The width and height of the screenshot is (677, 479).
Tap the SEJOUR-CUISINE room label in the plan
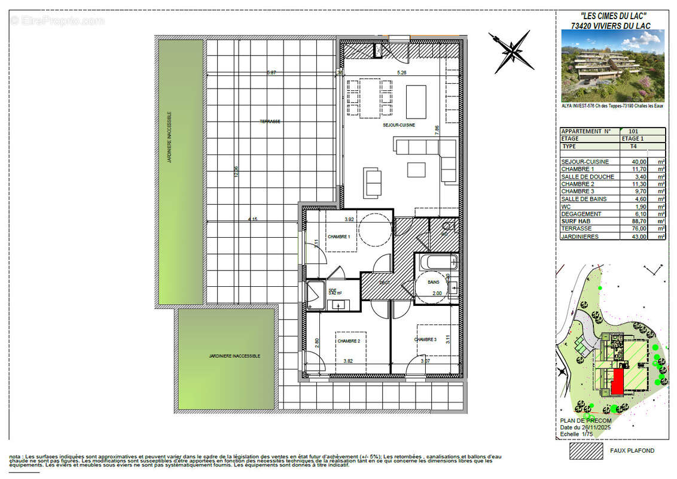click(x=399, y=126)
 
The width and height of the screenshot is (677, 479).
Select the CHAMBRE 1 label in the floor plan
click(x=338, y=237)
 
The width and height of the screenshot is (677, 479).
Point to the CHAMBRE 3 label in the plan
click(x=425, y=339)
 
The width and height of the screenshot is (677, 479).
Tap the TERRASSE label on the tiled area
click(x=270, y=122)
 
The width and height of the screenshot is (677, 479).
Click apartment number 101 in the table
click(x=634, y=131)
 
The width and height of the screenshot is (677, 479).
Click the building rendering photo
click(x=612, y=65)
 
